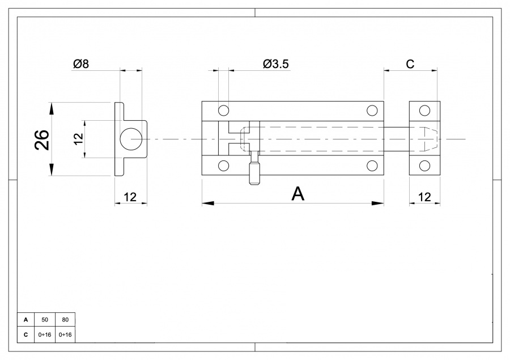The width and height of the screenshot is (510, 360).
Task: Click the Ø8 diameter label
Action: (x=81, y=63)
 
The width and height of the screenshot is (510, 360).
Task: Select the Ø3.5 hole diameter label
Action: (x=276, y=64)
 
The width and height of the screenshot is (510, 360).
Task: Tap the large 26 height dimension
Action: (x=42, y=140)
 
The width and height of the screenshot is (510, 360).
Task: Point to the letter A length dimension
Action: (x=297, y=194)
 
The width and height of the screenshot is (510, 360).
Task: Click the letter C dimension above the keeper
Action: (x=410, y=64)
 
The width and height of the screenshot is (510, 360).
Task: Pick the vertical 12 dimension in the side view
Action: (x=78, y=139)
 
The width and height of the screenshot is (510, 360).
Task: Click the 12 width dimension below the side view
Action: (x=130, y=197)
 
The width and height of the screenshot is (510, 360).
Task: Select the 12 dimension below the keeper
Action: (x=424, y=197)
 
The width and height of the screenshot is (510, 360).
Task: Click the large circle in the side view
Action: (x=131, y=139)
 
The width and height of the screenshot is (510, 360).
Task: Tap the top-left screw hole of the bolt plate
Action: (x=223, y=111)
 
